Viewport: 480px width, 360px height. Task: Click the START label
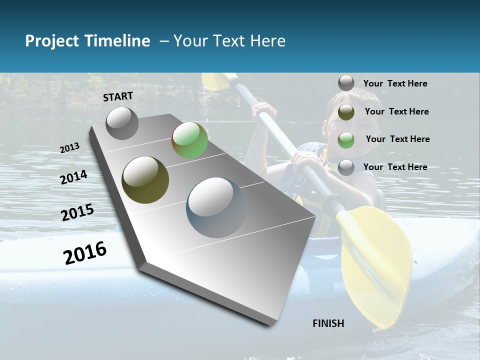click(118, 96)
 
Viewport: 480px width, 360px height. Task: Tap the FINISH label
click(328, 323)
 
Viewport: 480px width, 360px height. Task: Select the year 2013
click(69, 148)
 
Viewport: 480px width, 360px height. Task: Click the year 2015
click(77, 212)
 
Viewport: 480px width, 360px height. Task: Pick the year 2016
click(85, 253)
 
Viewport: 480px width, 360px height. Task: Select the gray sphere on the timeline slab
click(122, 123)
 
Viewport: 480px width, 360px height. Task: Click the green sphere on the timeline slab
click(189, 140)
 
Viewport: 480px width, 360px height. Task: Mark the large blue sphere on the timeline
click(216, 207)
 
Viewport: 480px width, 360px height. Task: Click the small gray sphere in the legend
click(346, 83)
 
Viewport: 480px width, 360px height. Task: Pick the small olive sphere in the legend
click(346, 111)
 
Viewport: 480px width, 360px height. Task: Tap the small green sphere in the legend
click(346, 139)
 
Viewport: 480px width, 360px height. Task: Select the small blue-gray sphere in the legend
click(346, 167)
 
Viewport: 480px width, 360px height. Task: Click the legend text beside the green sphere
click(397, 139)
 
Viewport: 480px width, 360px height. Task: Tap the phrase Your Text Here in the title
click(229, 41)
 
